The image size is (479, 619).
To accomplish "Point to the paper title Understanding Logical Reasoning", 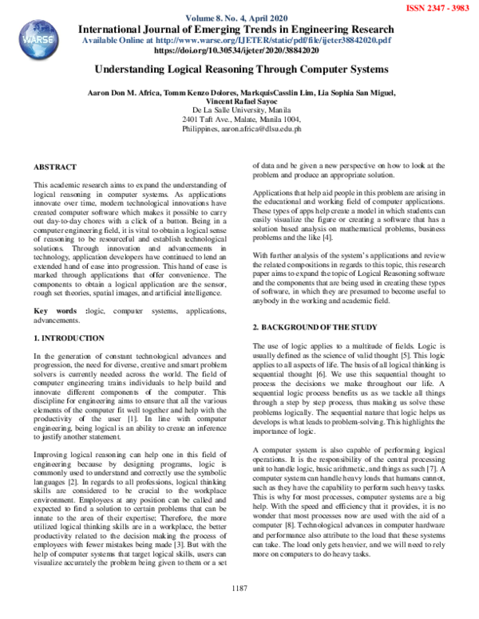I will (239, 69).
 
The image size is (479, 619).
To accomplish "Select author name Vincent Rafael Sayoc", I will (239, 102).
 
